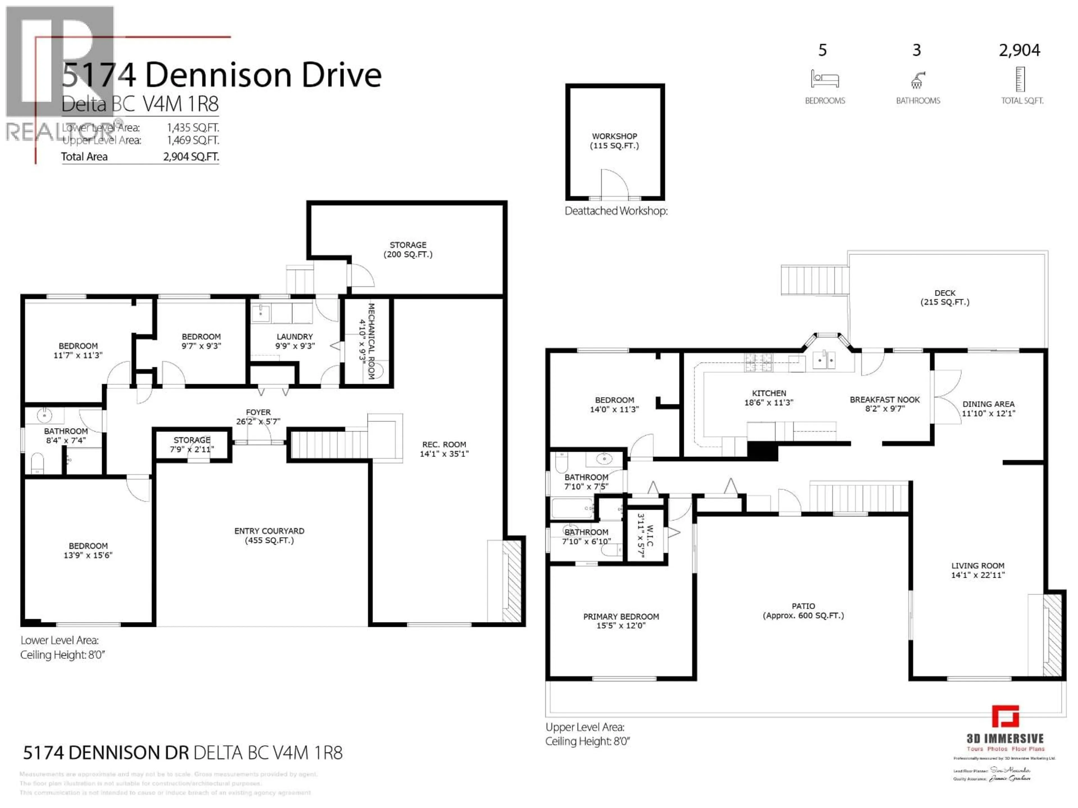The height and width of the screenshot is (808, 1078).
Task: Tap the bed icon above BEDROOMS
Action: click(x=824, y=79)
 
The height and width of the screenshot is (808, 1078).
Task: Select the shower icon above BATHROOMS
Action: click(x=917, y=80)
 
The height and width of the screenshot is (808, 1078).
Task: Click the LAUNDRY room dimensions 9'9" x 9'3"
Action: click(x=295, y=346)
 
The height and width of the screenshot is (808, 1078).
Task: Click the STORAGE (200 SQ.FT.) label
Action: click(x=408, y=249)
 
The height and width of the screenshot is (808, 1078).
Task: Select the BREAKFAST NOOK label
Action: click(x=885, y=400)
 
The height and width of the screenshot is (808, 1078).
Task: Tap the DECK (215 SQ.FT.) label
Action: click(x=944, y=297)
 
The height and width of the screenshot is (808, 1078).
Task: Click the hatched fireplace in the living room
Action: click(x=1054, y=635)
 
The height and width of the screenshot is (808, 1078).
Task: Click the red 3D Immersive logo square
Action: click(x=1005, y=717)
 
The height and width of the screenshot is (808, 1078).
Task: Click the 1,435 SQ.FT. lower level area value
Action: click(x=193, y=128)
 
